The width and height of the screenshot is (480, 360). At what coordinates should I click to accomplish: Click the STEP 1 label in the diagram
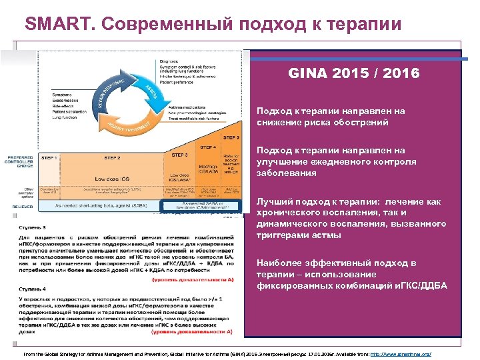pyautogui.click(x=49, y=158)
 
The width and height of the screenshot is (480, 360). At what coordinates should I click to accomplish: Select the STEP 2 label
pyautogui.click(x=112, y=158)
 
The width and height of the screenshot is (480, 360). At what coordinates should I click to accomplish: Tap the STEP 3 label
pyautogui.click(x=181, y=155)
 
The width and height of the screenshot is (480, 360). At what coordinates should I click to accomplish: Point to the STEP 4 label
pyautogui.click(x=207, y=147)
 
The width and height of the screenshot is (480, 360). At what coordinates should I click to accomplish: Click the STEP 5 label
pyautogui.click(x=231, y=137)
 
